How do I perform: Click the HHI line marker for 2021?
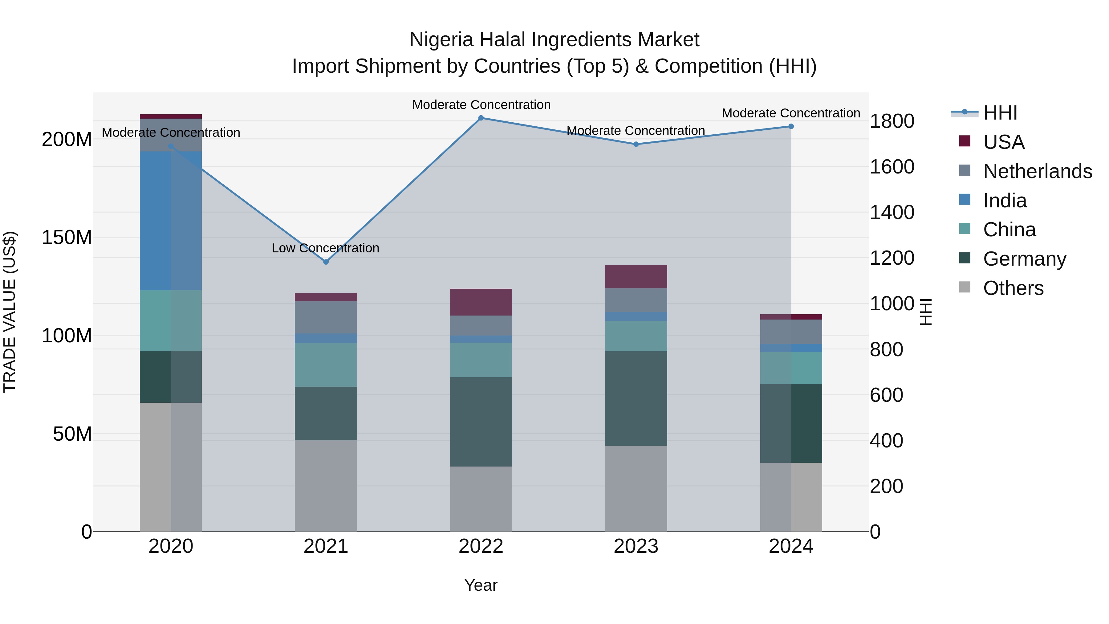click(x=326, y=262)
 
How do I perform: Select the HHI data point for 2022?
click(x=481, y=118)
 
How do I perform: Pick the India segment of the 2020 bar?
click(x=171, y=221)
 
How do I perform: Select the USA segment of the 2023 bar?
click(x=636, y=276)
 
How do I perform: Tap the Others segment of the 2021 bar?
click(x=326, y=485)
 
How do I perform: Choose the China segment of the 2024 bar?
click(x=791, y=368)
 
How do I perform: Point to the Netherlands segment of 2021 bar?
click(x=326, y=317)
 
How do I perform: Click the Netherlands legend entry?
click(x=1037, y=171)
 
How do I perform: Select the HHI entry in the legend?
click(x=1000, y=113)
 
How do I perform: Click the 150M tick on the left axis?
click(x=67, y=237)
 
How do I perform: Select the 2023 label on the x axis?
click(x=636, y=546)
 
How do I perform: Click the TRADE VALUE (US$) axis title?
click(x=10, y=312)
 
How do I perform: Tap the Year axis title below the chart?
click(x=481, y=585)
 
